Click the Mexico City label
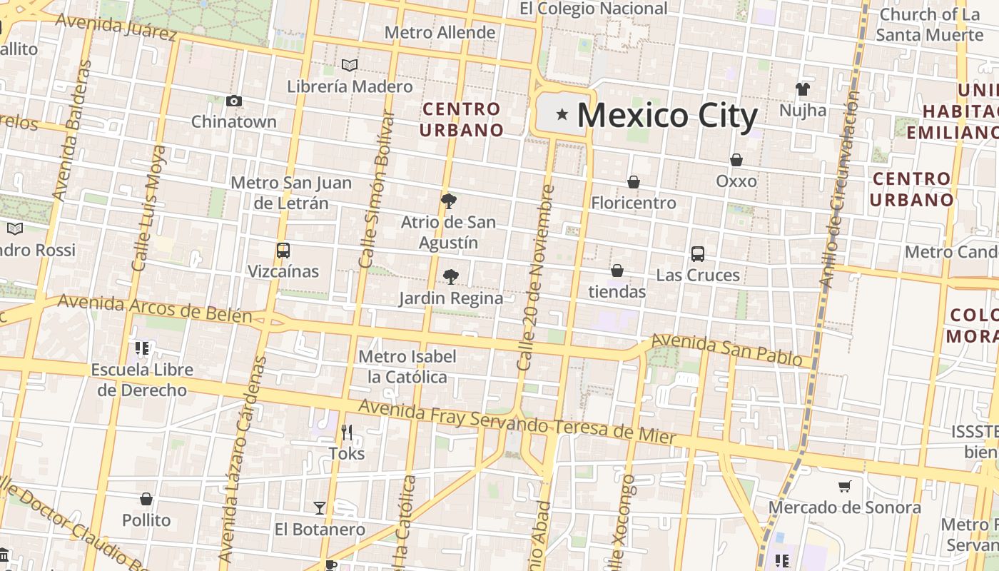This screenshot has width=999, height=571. tap(666, 116)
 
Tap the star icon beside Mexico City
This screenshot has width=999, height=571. tap(562, 113)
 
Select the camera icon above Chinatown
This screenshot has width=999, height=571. tap(233, 101)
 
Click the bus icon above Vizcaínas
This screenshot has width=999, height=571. tap(283, 251)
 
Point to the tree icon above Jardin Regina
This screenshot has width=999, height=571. tap(450, 276)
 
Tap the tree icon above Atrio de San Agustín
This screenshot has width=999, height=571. tap(448, 201)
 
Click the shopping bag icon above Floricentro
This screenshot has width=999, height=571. tap(633, 182)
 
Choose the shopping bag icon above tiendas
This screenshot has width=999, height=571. tap(617, 271)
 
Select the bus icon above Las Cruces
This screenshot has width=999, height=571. tap(698, 253)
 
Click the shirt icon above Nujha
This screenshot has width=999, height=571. tap(803, 89)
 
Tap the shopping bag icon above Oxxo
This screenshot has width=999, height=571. tap(736, 160)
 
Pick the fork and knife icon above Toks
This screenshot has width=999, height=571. tap(347, 432)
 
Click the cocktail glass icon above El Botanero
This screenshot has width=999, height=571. tap(320, 508)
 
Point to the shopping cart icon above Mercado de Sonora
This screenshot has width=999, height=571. tap(845, 486)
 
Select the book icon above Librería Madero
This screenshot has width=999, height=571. tap(350, 66)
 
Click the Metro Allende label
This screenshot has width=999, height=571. tap(440, 32)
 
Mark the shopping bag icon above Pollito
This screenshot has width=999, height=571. tap(146, 499)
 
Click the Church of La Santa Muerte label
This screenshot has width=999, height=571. tap(929, 24)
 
